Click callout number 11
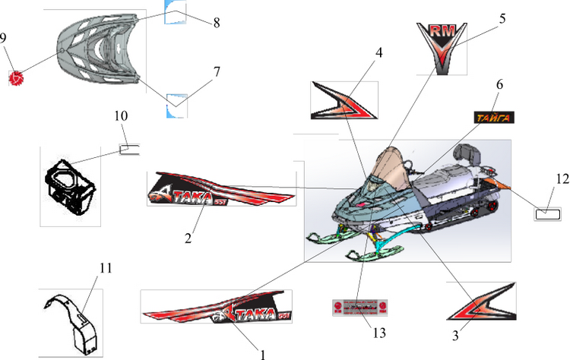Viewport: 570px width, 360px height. click(106, 267)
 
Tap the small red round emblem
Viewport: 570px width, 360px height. click(16, 76)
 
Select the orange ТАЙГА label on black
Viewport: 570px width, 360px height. click(493, 117)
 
